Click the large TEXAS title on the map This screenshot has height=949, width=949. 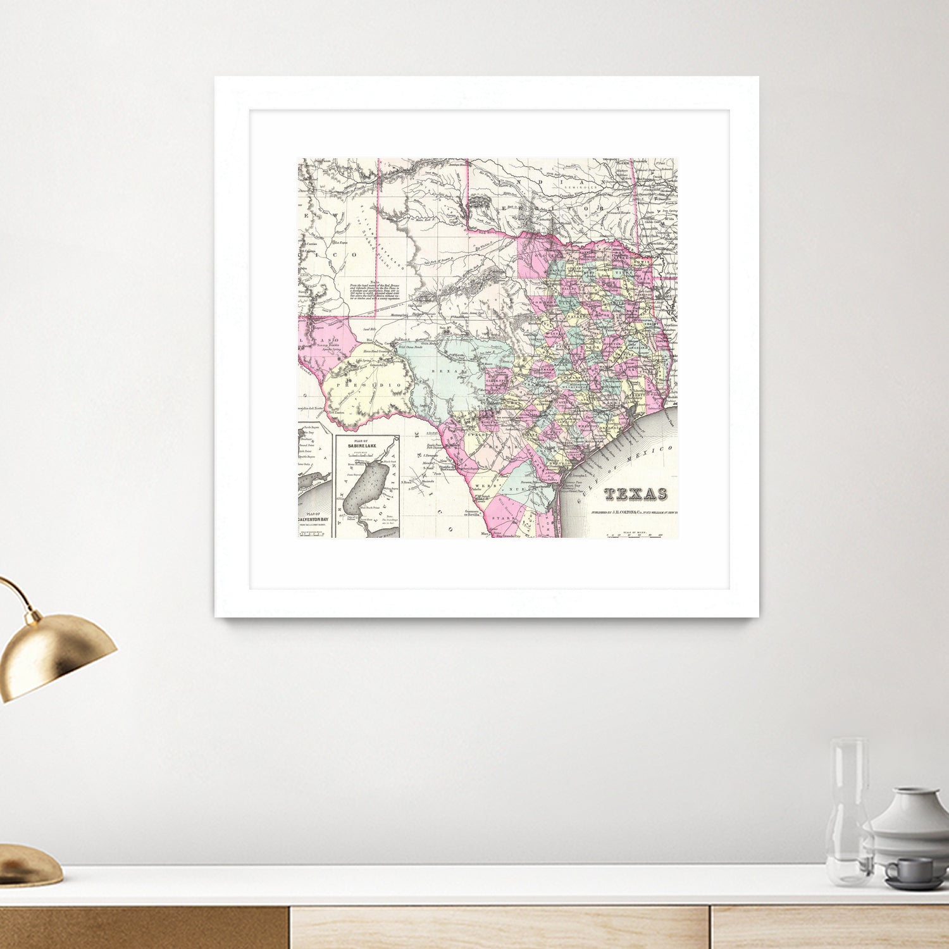635,494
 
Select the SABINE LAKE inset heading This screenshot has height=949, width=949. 365,447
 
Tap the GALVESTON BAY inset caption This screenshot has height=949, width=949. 316,519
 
